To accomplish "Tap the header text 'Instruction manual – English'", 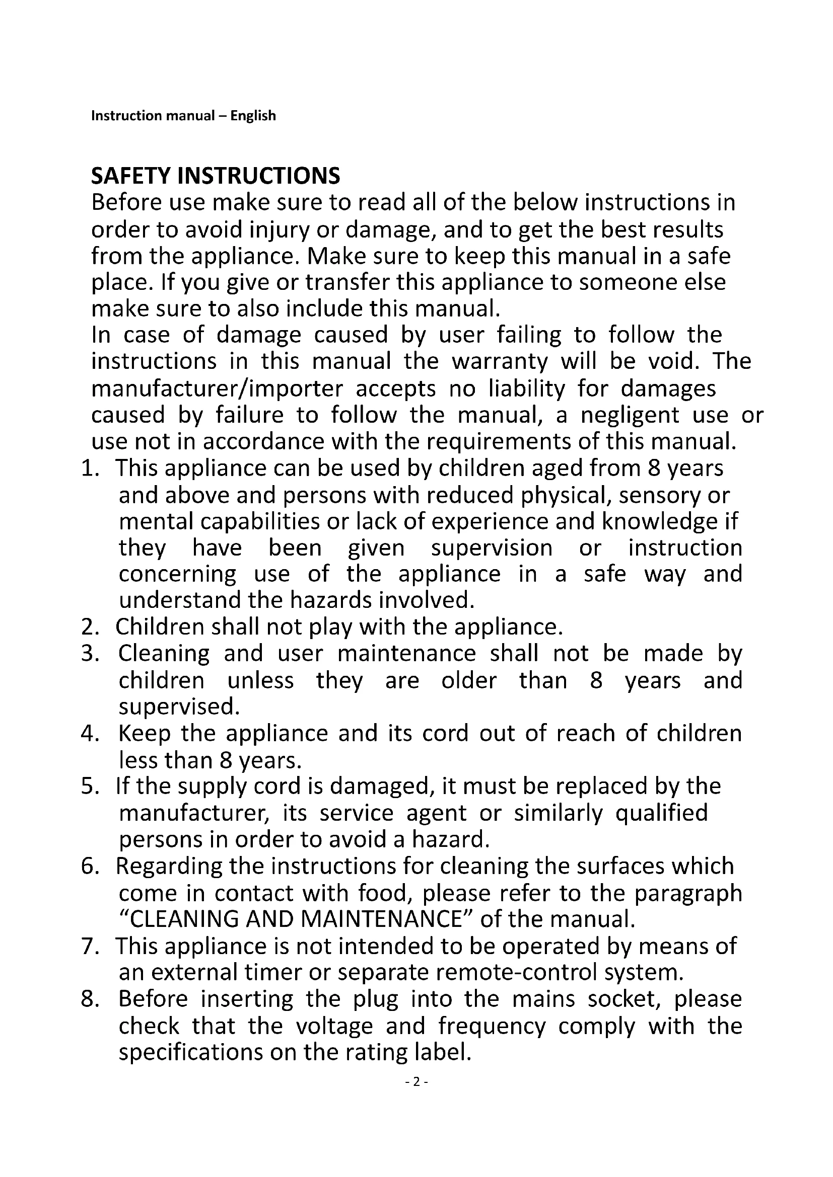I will [x=183, y=116].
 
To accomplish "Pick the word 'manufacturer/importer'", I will [x=217, y=388].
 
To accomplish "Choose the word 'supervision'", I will [x=492, y=548].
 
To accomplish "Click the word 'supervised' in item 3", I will [x=179, y=708].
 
